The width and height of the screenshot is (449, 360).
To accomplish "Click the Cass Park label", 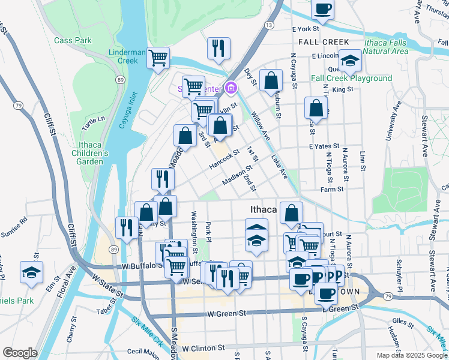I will pos(73,40).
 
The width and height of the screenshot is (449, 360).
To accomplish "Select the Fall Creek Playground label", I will pos(351,79).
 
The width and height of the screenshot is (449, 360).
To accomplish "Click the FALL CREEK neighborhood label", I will pos(323,41).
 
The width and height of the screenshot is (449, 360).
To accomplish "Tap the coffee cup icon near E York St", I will pos(322,9).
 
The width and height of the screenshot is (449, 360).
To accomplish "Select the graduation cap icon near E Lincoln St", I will pos(350,61).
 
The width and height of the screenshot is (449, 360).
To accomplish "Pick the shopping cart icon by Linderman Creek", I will pos(158,58).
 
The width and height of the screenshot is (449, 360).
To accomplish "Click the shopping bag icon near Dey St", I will pos(271,80).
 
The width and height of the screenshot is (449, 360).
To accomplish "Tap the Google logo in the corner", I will pos(20,352).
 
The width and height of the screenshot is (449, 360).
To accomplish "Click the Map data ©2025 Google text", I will pos(411,355).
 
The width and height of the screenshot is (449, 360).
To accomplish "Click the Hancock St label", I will pos(224,158).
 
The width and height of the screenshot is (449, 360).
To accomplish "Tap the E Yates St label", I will pos(324,146).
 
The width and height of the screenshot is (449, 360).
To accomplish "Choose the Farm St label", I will pos(332,189).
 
